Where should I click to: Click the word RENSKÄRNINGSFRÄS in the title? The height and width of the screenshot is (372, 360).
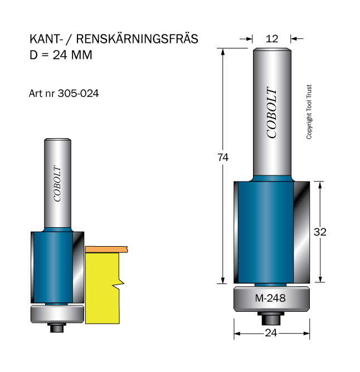137,39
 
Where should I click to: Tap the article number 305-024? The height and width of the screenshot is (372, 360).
78,93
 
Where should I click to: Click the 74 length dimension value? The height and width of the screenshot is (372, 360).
223,157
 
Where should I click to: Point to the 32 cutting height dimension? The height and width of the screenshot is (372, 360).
320,232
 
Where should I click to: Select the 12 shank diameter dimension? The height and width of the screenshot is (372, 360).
271,38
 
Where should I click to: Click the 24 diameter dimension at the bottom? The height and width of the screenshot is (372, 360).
271,333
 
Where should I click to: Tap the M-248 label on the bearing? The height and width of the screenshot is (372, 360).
270,298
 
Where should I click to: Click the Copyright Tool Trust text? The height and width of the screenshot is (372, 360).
309,112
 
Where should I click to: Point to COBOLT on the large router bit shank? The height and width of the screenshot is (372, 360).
271,112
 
